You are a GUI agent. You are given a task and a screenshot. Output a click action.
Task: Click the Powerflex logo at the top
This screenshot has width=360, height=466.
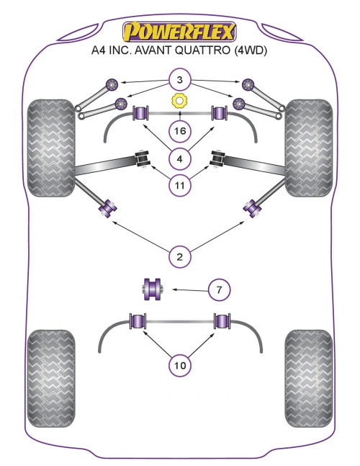(179, 31)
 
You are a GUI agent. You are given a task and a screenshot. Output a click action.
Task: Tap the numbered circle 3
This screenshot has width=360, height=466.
(180, 80)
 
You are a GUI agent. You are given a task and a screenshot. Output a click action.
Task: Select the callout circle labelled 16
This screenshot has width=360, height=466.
(180, 131)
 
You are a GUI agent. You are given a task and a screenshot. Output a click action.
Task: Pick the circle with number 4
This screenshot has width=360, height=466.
(180, 159)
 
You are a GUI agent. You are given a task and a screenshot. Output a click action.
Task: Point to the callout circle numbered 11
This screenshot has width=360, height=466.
(180, 185)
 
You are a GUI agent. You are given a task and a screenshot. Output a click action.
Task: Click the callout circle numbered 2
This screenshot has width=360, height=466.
(180, 256)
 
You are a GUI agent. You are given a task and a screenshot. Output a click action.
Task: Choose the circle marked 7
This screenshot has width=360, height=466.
(219, 289)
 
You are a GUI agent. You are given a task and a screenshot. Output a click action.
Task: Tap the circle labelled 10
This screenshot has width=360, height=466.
(180, 365)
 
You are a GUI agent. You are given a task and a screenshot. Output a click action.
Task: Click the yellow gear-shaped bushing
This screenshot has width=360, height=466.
(179, 101)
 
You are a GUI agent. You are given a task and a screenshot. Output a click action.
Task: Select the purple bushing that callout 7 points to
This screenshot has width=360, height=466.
(152, 289)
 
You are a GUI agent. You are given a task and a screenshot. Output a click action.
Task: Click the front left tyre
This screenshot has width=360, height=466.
(51, 148)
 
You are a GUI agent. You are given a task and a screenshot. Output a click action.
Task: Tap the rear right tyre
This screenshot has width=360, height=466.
(309, 378)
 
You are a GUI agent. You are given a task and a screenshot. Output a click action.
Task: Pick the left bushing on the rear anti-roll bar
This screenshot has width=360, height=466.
(138, 321)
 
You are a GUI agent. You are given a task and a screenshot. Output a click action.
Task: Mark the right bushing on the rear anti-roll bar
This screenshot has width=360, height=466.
(222, 321)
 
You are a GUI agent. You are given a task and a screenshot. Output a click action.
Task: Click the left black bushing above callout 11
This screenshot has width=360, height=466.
(143, 159)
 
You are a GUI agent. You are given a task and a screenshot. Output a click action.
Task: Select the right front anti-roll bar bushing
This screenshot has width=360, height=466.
(219, 112)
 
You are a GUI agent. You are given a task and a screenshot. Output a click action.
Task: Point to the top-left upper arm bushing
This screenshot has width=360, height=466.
(112, 84)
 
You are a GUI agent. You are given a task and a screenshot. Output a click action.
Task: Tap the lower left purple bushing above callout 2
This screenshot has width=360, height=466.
(107, 208)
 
